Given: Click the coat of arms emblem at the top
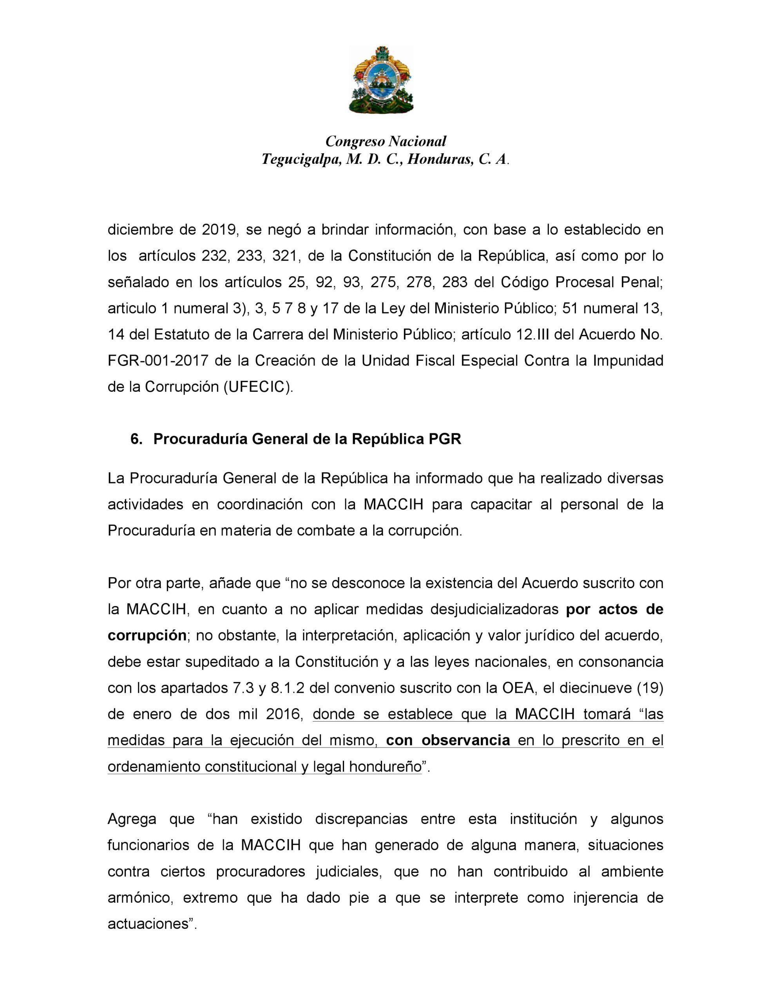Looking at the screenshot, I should point(381,80).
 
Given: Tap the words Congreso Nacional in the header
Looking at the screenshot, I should point(386,141).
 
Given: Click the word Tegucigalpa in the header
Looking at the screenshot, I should point(301,159).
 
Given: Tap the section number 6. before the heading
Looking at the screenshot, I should point(136,439).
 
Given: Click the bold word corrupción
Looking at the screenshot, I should point(147,635).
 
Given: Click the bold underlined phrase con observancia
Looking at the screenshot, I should point(448,740).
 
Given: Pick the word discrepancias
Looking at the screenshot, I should point(361,819).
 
